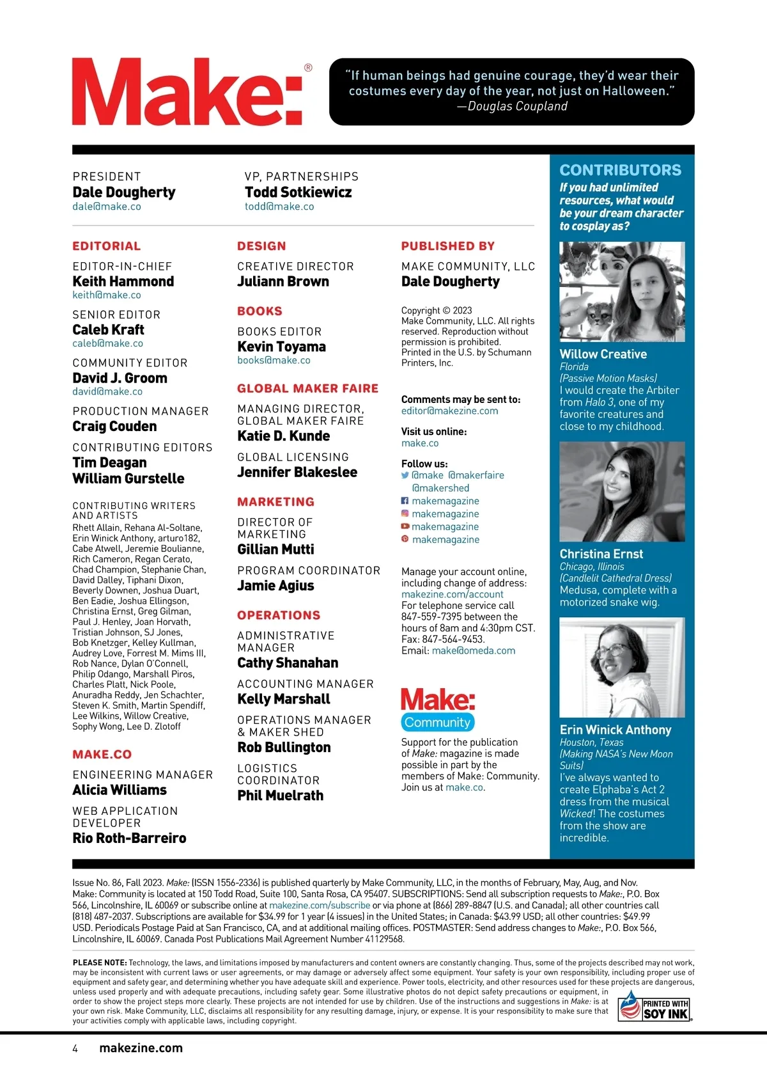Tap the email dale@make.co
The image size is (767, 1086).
[x=107, y=207]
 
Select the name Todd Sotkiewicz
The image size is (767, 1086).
[x=298, y=192]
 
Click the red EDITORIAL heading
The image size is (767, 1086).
[x=106, y=246]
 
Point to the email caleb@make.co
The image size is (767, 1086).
[x=107, y=343]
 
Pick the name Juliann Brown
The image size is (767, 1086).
[x=283, y=281]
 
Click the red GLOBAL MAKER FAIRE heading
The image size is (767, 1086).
[x=307, y=389]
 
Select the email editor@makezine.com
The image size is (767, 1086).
[x=449, y=411]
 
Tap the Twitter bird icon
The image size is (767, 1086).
[x=405, y=475]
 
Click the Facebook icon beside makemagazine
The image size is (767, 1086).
[x=405, y=501]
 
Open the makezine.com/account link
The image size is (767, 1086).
[x=452, y=594]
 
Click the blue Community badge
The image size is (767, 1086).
[x=437, y=723]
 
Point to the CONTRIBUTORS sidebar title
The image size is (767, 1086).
[x=620, y=170]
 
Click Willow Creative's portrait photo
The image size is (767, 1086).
[x=621, y=292]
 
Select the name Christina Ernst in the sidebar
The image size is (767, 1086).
[x=601, y=554]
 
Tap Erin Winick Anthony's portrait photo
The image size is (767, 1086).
[x=621, y=667]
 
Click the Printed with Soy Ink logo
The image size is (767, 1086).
[x=655, y=1007]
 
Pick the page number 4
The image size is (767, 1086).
[x=75, y=1048]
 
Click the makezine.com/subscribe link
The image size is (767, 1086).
[x=320, y=906]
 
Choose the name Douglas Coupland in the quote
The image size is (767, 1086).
[x=517, y=106]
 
